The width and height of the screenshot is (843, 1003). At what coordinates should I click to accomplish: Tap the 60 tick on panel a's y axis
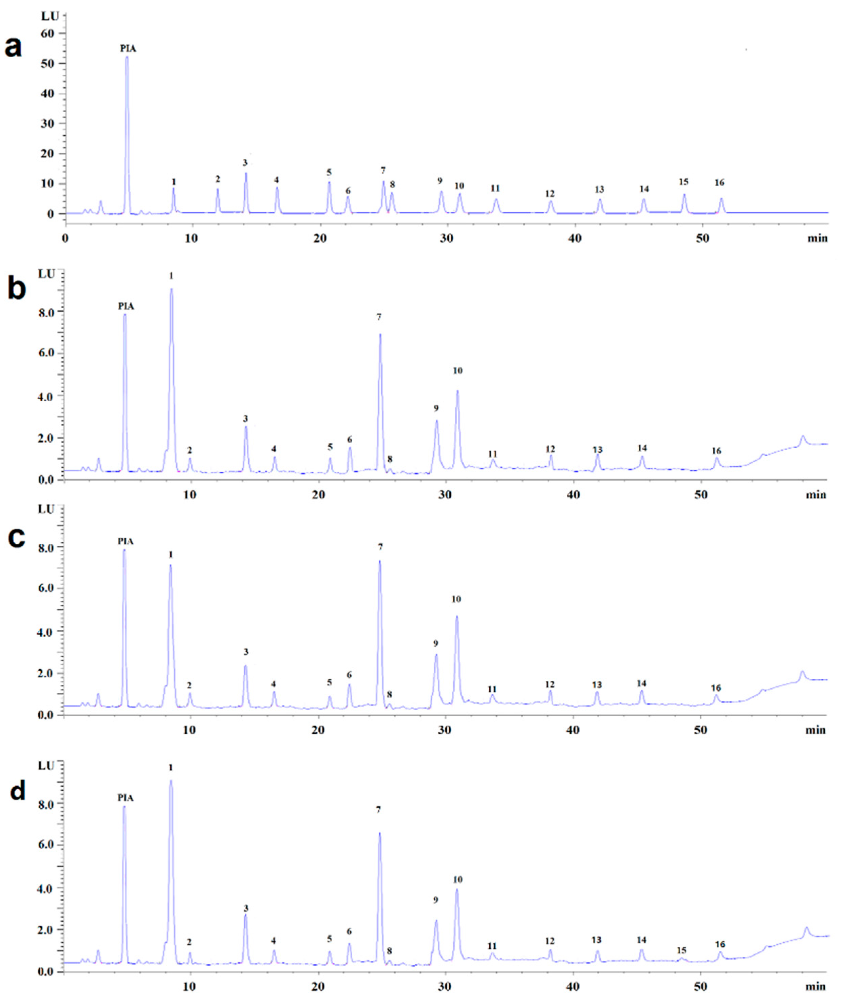47,34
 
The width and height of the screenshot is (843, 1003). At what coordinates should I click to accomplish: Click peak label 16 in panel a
719,182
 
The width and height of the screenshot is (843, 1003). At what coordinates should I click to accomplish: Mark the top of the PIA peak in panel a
127,57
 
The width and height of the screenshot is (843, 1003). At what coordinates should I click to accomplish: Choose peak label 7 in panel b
378,317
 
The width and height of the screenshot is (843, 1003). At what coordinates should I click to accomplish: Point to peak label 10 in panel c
456,599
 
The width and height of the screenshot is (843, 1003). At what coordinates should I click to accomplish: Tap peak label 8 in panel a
392,185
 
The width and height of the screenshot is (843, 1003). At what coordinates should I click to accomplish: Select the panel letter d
18,791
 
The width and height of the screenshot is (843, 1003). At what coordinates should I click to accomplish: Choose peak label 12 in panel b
550,449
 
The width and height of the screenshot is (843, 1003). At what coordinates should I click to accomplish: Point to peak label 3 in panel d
246,908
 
